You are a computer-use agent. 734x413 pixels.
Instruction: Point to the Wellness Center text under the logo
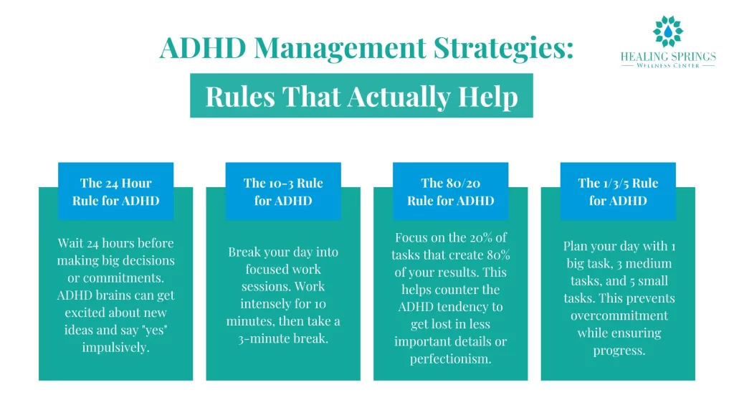[x=668, y=65]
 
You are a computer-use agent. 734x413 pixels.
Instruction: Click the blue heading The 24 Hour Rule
[x=115, y=191]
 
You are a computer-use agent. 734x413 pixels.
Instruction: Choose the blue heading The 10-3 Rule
[x=283, y=191]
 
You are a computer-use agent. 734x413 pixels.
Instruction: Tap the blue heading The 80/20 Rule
[x=450, y=191]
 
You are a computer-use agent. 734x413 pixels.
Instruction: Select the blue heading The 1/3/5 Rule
[x=618, y=191]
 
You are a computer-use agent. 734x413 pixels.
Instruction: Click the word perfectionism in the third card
[x=450, y=359]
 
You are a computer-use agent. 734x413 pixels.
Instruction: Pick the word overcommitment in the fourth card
[x=618, y=315]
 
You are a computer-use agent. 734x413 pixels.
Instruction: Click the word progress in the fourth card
[x=618, y=350]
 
